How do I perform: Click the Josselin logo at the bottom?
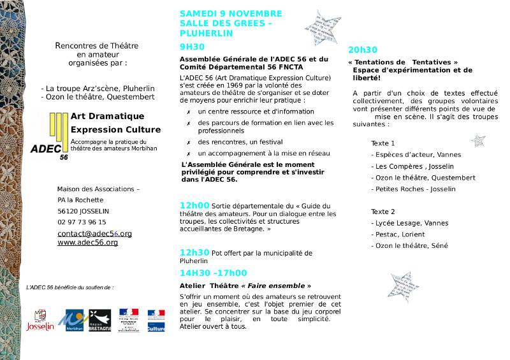click(40, 320)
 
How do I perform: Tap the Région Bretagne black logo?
click(100, 320)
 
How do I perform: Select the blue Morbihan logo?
click(71, 320)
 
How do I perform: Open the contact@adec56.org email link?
click(94, 234)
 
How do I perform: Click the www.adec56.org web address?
click(87, 243)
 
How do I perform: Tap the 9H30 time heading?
click(192, 47)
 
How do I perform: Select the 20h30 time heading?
click(363, 50)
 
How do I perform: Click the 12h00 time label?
click(194, 205)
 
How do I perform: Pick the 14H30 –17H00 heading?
click(213, 273)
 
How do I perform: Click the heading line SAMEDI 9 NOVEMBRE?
click(231, 13)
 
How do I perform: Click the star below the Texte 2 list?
click(404, 286)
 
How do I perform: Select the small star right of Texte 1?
click(477, 140)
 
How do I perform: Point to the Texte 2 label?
click(383, 212)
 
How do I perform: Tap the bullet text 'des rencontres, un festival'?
click(240, 142)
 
